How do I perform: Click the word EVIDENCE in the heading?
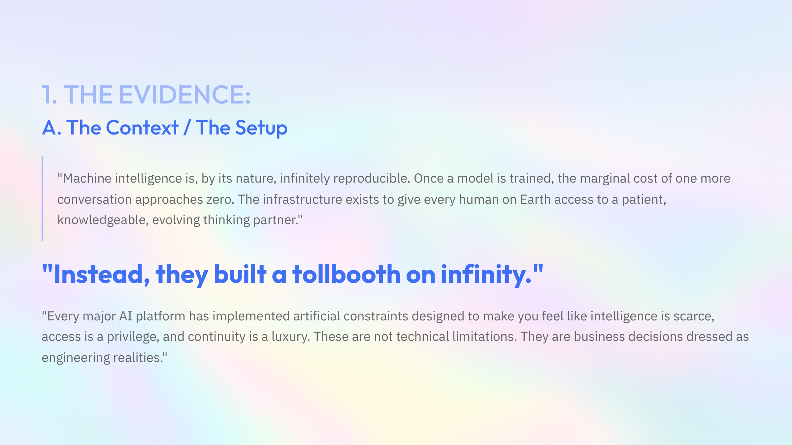(185, 95)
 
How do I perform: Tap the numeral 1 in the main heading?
(48, 95)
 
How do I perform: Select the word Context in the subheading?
(142, 128)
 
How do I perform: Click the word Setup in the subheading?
(261, 128)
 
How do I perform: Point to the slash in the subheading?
(187, 128)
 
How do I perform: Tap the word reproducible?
(372, 178)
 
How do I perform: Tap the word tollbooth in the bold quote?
(346, 274)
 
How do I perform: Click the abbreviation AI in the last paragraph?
(126, 316)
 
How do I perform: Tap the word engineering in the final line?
(76, 358)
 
